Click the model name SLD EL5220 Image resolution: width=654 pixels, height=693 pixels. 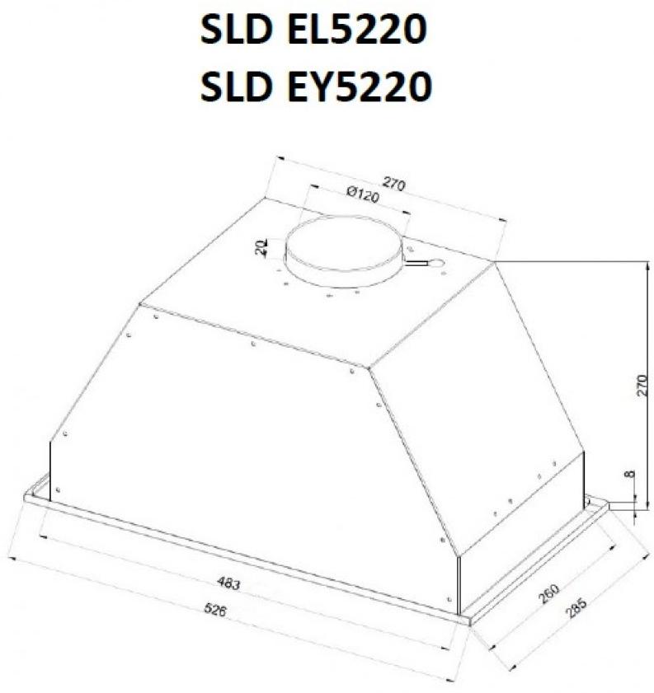tap(313, 30)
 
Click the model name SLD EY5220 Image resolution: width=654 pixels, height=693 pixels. tap(316, 86)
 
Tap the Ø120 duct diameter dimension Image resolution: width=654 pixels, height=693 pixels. tap(363, 194)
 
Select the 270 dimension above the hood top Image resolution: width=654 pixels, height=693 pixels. tap(393, 184)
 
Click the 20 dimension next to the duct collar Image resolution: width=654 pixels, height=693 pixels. tap(261, 247)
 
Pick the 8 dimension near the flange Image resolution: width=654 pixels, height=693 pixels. tap(631, 475)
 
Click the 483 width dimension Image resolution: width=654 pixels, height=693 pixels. tap(228, 584)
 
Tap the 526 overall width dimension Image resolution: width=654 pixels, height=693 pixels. tap(215, 610)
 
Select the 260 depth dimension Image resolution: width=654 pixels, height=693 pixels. tap(549, 593)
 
